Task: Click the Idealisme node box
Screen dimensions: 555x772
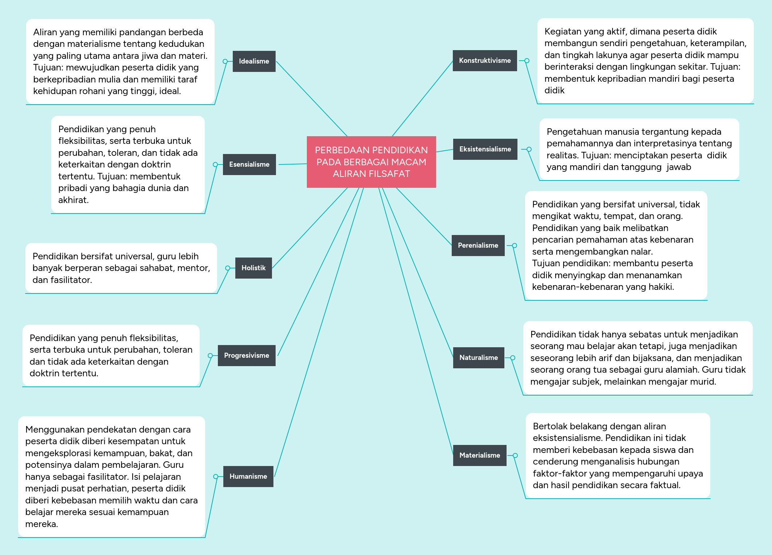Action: click(254, 61)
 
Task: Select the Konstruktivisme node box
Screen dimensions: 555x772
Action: click(484, 61)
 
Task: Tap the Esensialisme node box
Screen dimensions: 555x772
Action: click(249, 165)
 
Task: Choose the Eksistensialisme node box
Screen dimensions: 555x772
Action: click(485, 149)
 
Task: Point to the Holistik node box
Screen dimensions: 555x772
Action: click(253, 268)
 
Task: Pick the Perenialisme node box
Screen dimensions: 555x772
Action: click(478, 246)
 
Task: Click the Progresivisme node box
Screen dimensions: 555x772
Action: click(247, 356)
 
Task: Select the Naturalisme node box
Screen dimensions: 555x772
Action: click(478, 358)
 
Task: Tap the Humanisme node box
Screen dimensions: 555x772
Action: click(248, 477)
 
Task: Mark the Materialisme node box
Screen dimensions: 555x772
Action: click(479, 455)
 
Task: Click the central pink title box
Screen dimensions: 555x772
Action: click(371, 162)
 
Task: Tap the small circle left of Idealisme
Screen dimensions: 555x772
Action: click(225, 61)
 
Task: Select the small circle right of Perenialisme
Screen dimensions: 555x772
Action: click(515, 246)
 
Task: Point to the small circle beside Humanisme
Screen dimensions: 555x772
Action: click(216, 477)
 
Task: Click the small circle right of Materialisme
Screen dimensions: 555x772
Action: click(515, 455)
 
